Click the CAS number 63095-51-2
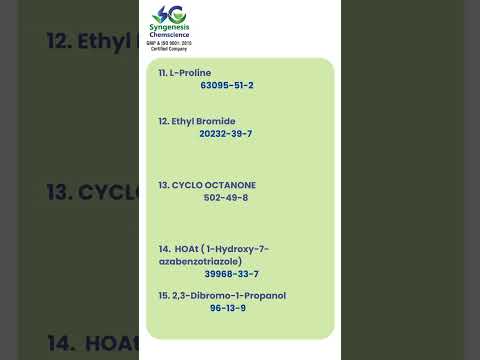[x=227, y=85]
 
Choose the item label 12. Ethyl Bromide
[x=197, y=121]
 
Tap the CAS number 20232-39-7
[x=226, y=133]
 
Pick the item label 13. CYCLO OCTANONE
[x=207, y=185]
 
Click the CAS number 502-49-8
[x=226, y=197]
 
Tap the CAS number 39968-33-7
[x=232, y=274]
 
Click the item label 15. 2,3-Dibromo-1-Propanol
[x=222, y=295]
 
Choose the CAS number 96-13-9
[x=228, y=308]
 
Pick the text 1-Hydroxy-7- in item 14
[x=238, y=248]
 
